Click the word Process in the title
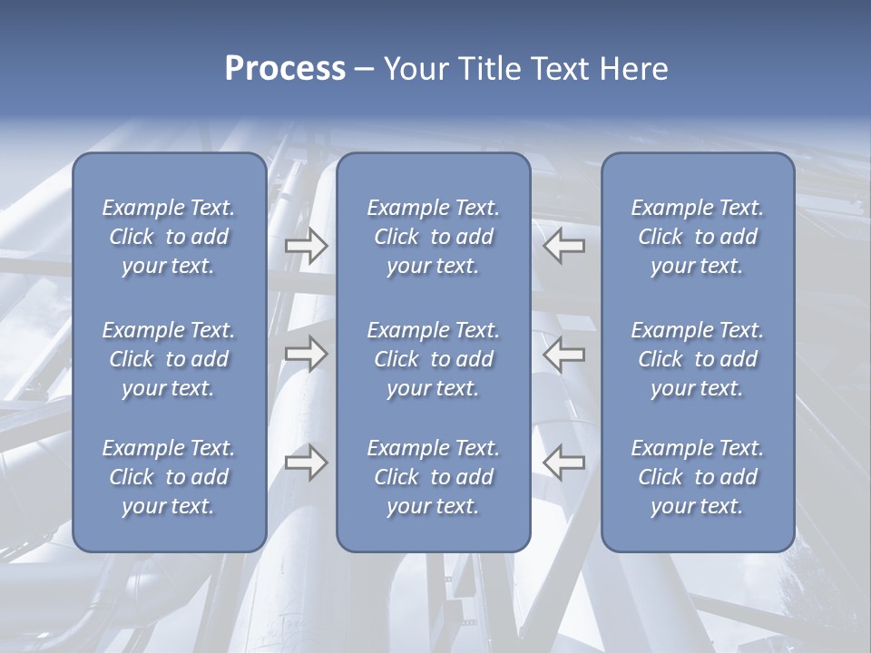pyautogui.click(x=285, y=69)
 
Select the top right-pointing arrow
pyautogui.click(x=306, y=246)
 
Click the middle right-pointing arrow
pyautogui.click(x=306, y=354)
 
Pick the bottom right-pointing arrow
pyautogui.click(x=306, y=462)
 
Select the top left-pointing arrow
pyautogui.click(x=563, y=246)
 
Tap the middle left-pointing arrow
pyautogui.click(x=563, y=354)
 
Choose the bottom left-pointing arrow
pyautogui.click(x=563, y=462)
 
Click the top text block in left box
pyautogui.click(x=169, y=237)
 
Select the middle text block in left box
pyautogui.click(x=169, y=359)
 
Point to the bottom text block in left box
pyautogui.click(x=169, y=477)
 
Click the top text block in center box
pyautogui.click(x=434, y=237)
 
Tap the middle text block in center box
pyautogui.click(x=434, y=359)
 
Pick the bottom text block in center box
pyautogui.click(x=434, y=477)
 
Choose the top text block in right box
pyautogui.click(x=698, y=237)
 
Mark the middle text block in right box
pyautogui.click(x=698, y=359)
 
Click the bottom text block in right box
pyautogui.click(x=698, y=477)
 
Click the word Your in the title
pyautogui.click(x=415, y=69)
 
